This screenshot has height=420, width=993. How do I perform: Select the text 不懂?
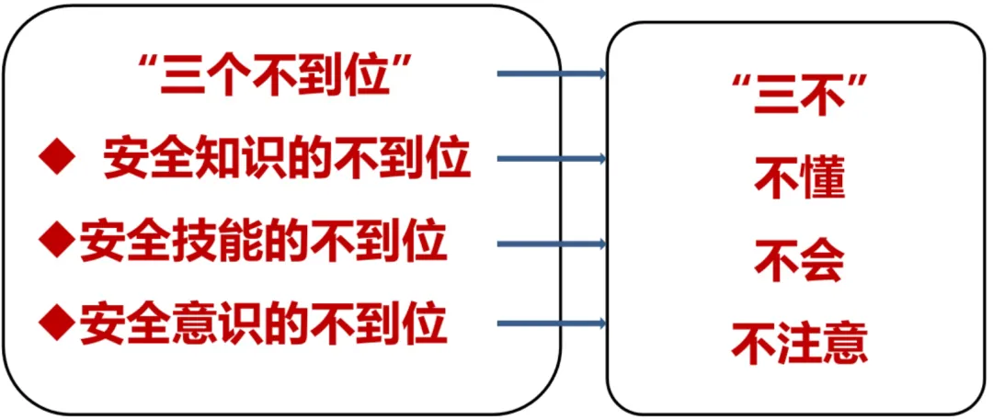click(798, 179)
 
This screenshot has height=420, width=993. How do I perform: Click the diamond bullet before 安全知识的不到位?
click(57, 159)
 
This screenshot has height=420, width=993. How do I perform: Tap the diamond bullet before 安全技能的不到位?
click(57, 242)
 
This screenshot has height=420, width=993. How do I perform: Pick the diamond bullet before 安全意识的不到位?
click(57, 323)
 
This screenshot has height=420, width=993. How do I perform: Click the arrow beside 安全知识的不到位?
click(551, 159)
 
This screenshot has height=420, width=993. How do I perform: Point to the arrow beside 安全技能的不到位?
click(551, 244)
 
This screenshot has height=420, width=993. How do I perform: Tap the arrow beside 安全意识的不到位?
click(551, 323)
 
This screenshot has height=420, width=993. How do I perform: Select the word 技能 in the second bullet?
click(193, 244)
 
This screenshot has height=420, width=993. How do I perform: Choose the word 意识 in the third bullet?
click(193, 324)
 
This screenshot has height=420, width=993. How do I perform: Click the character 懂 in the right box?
click(821, 179)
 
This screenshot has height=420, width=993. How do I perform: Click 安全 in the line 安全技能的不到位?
click(114, 244)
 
